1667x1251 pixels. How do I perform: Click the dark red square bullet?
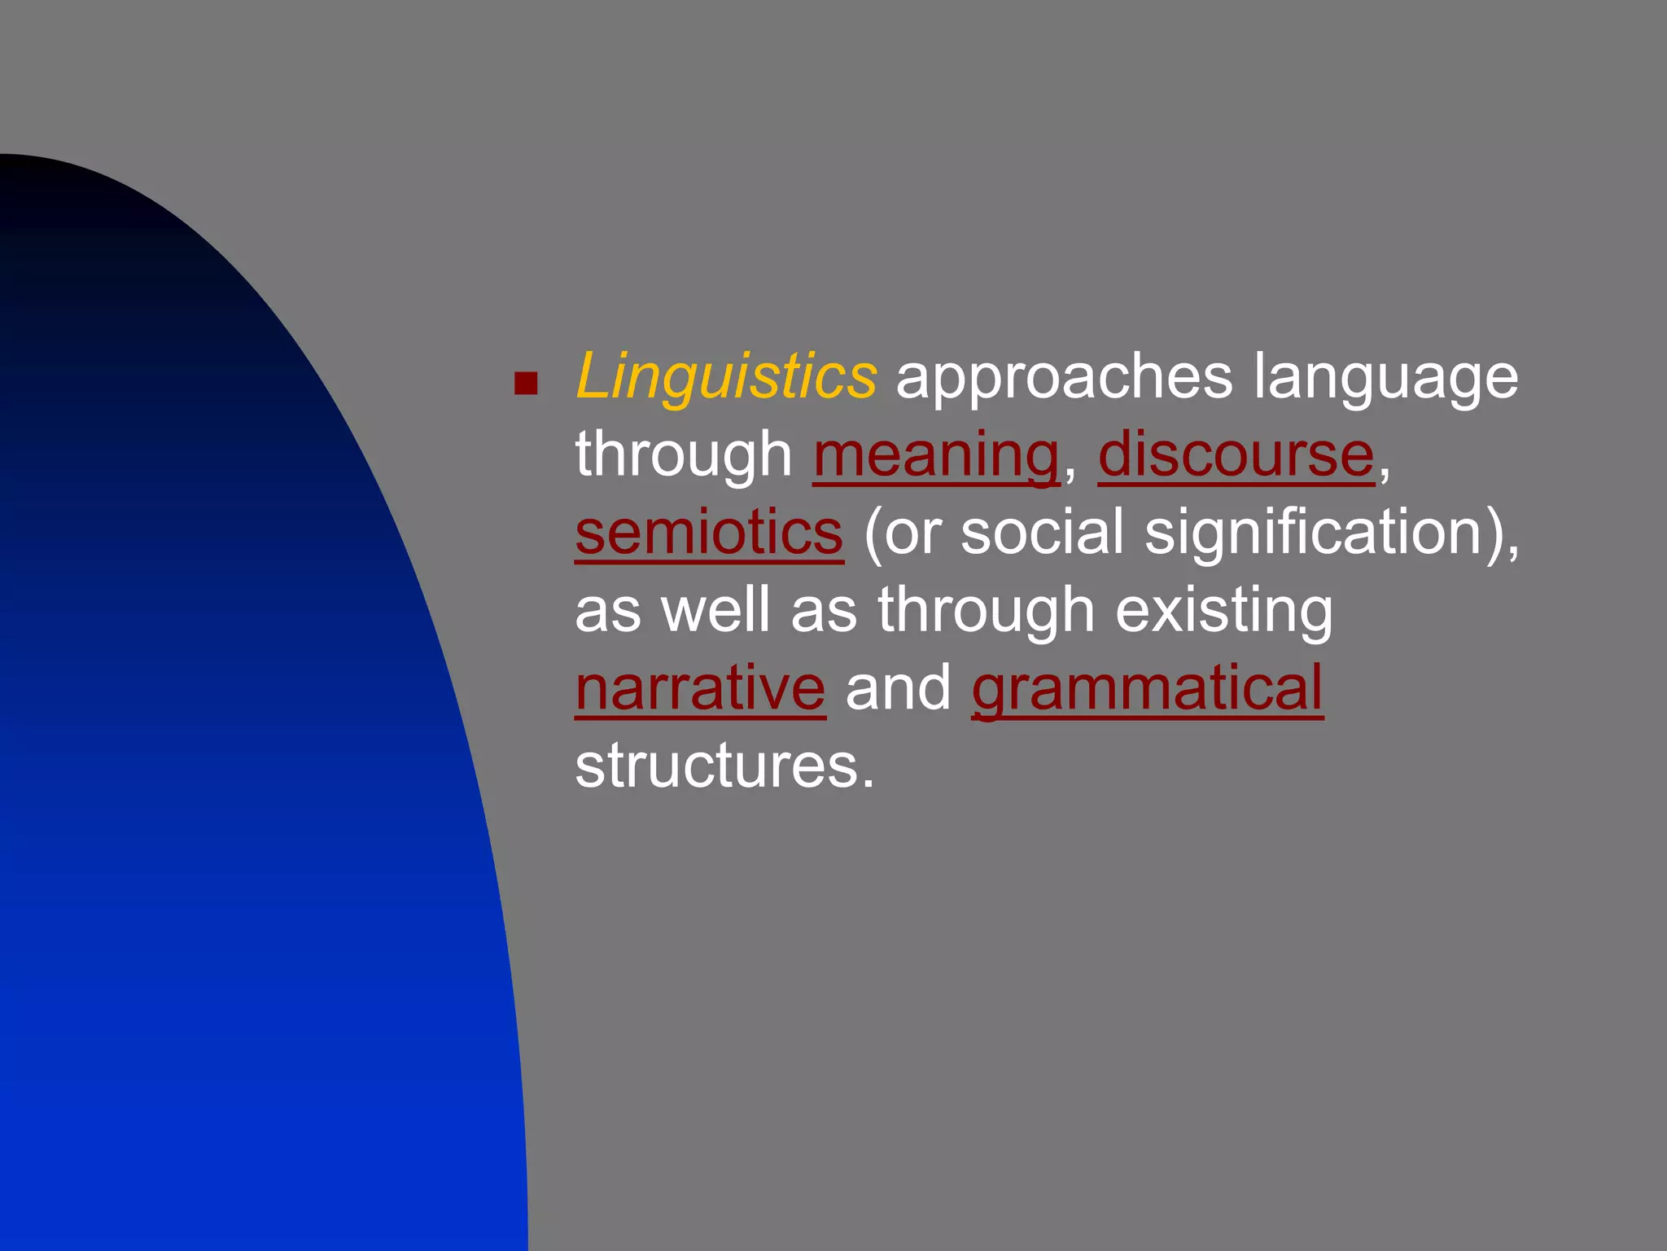[x=527, y=384]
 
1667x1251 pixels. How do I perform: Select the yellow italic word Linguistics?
[x=726, y=376]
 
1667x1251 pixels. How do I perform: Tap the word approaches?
[x=1064, y=376]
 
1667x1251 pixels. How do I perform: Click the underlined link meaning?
[x=936, y=456]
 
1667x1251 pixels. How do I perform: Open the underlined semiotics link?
[x=709, y=533]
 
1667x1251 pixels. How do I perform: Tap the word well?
[x=715, y=610]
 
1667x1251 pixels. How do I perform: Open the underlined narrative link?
[x=701, y=688]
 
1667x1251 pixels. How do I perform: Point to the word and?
[x=899, y=688]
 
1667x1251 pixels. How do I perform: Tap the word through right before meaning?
[x=684, y=456]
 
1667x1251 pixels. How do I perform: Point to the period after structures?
[x=868, y=783]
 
